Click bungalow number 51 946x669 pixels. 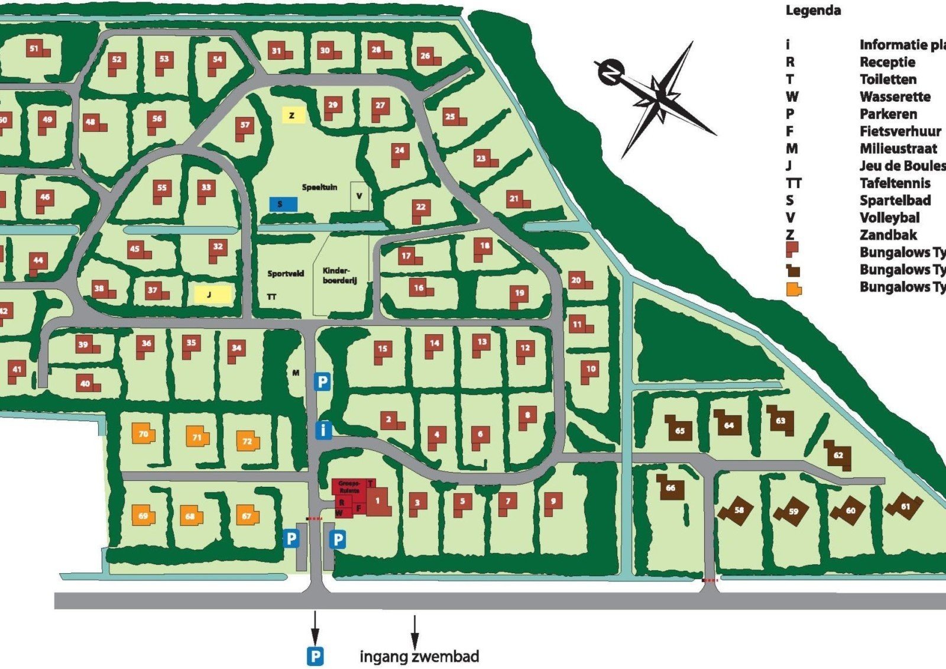click(37, 50)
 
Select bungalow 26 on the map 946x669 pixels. click(428, 57)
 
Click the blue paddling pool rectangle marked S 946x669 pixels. click(283, 204)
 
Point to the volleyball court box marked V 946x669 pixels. click(359, 196)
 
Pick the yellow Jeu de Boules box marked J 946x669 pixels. click(212, 294)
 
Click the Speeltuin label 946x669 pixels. click(319, 187)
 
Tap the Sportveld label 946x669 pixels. click(286, 274)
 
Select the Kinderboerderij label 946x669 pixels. click(339, 276)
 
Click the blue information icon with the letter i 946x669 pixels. click(323, 430)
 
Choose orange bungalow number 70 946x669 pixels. click(143, 435)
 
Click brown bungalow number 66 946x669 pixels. click(670, 487)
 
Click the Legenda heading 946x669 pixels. click(813, 11)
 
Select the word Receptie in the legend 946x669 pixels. click(887, 62)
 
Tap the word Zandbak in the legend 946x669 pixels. click(887, 235)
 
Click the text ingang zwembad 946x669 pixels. click(419, 656)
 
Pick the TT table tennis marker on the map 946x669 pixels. click(271, 297)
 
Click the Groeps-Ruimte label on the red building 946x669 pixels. click(349, 487)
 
